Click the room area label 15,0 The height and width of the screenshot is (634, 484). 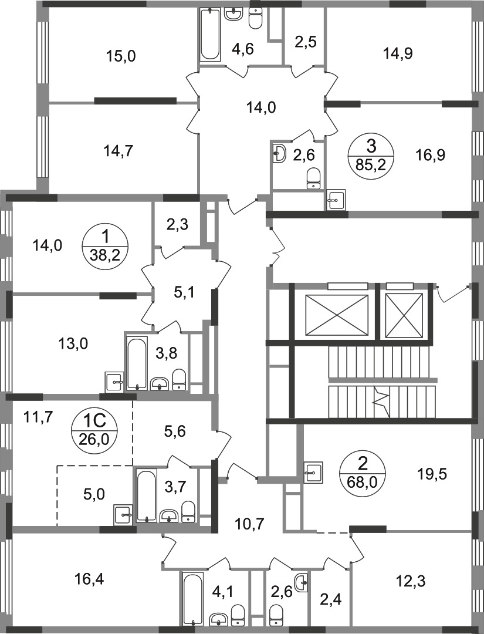pos(121,56)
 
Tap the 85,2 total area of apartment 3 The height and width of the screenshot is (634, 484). pos(371,164)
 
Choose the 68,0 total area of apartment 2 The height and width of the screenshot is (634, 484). pos(363,481)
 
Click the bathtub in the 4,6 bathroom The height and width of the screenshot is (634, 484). pos(210,35)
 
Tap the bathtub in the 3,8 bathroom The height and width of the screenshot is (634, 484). pos(136,363)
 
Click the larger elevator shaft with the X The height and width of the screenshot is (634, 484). pos(337,316)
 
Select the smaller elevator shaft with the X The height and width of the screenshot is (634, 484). pos(404,316)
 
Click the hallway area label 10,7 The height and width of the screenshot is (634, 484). pos(249,524)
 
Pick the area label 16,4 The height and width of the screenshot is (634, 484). pos(89,579)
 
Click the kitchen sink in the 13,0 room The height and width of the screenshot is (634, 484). pos(114,381)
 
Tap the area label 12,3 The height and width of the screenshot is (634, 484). pos(411,582)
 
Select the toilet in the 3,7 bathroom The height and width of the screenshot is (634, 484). pos(188,511)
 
